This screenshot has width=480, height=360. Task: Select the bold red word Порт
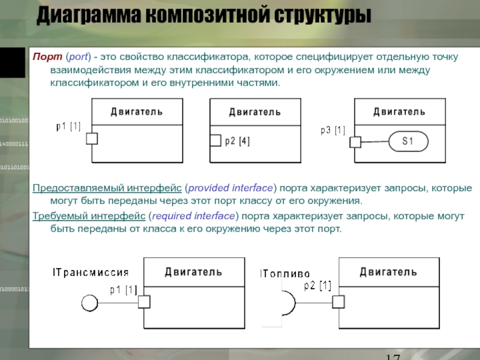45,57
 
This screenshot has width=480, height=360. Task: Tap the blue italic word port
78,57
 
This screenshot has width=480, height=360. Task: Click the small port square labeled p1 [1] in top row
92,139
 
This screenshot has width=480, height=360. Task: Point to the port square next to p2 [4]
215,142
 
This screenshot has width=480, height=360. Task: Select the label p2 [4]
238,142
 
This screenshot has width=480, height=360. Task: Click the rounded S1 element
408,142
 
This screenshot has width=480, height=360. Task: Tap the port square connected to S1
355,142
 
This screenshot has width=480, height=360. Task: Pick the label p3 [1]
333,130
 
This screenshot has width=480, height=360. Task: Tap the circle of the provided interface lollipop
89,302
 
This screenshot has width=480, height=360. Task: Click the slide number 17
393,356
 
